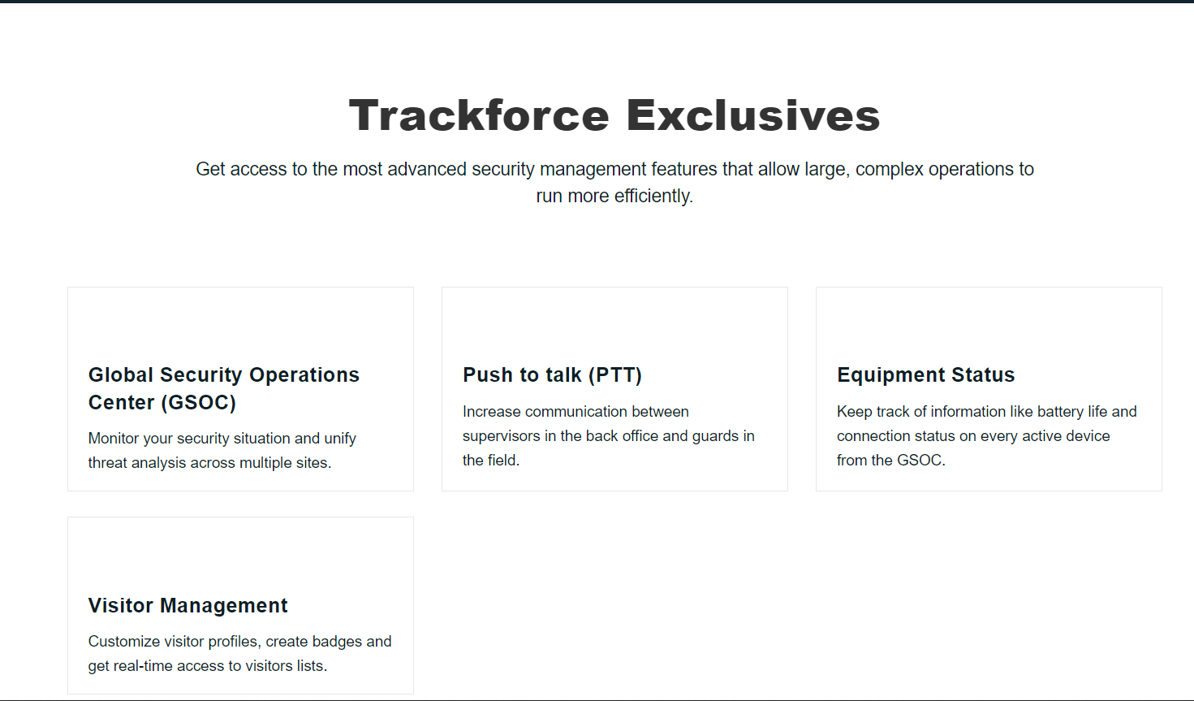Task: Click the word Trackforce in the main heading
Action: [479, 115]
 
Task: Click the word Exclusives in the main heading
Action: [752, 115]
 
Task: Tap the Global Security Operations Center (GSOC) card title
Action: [223, 388]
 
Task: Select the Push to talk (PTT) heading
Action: [552, 374]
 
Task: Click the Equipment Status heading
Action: [925, 374]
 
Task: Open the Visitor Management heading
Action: [188, 605]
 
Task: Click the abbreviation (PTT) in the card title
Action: [614, 374]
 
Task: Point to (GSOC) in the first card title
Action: [199, 402]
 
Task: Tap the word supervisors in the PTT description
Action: [501, 436]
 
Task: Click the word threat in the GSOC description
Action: [108, 463]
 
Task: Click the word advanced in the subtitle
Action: [427, 169]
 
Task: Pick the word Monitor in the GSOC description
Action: [114, 439]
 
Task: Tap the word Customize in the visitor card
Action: [124, 642]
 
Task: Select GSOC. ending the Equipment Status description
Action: [921, 461]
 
